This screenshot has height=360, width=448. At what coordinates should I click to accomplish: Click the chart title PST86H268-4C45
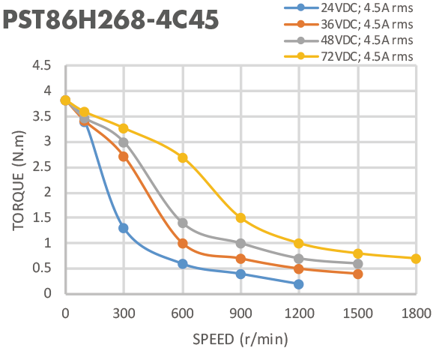tap(110, 19)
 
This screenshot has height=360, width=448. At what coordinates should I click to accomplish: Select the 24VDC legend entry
tap(348, 7)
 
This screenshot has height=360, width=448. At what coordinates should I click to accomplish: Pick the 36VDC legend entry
tap(348, 24)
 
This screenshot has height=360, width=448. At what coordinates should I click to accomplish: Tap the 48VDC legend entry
tap(348, 40)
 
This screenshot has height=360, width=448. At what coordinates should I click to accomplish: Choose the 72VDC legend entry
tap(348, 56)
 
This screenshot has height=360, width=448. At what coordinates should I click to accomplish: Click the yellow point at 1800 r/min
tap(416, 259)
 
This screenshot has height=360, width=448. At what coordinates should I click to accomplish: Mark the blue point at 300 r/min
tap(124, 228)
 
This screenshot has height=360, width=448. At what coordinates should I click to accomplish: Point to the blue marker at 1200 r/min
tap(299, 284)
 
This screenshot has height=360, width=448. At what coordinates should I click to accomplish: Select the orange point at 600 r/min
tap(183, 244)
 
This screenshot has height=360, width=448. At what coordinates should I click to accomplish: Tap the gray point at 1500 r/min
tap(357, 264)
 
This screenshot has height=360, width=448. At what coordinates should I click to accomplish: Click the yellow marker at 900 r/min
tap(241, 218)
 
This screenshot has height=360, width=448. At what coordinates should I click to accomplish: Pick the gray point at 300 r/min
tap(124, 142)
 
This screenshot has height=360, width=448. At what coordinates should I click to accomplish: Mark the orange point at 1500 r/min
tap(357, 274)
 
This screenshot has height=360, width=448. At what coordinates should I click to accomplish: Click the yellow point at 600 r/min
tap(183, 157)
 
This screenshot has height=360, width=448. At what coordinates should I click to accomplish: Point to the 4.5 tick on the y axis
tap(42, 65)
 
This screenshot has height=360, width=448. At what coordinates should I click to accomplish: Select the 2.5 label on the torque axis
tap(42, 166)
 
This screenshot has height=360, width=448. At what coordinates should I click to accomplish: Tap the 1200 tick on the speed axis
tap(299, 313)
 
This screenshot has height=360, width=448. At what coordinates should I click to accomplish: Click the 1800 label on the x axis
tap(417, 313)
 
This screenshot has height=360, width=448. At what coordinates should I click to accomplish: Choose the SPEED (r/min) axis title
tap(240, 340)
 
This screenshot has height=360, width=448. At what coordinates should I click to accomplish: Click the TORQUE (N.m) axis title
tap(19, 181)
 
